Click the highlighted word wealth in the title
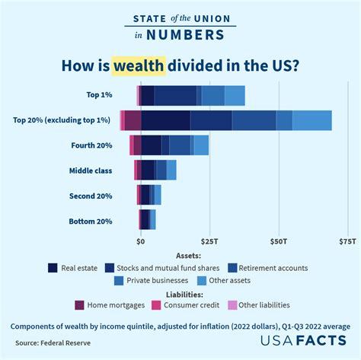pyautogui.click(x=140, y=65)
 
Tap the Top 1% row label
pyautogui.click(x=100, y=95)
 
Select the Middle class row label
pyautogui.click(x=91, y=170)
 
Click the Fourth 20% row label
pyautogui.click(x=91, y=145)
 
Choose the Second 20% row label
pyautogui.click(x=91, y=196)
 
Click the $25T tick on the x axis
pyautogui.click(x=209, y=241)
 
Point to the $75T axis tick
pyautogui.click(x=347, y=241)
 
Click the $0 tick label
pyautogui.click(x=141, y=241)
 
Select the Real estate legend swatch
pyautogui.click(x=53, y=268)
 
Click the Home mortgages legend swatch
pyautogui.click(x=79, y=305)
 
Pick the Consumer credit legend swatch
pyautogui.click(x=156, y=305)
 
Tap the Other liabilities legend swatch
pyautogui.click(x=232, y=305)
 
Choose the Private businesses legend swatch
pyautogui.click(x=119, y=280)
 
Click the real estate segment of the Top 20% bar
pyautogui.click(x=165, y=120)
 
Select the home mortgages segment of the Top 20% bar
pyautogui.click(x=133, y=120)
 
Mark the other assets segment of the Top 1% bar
pyautogui.click(x=235, y=95)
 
